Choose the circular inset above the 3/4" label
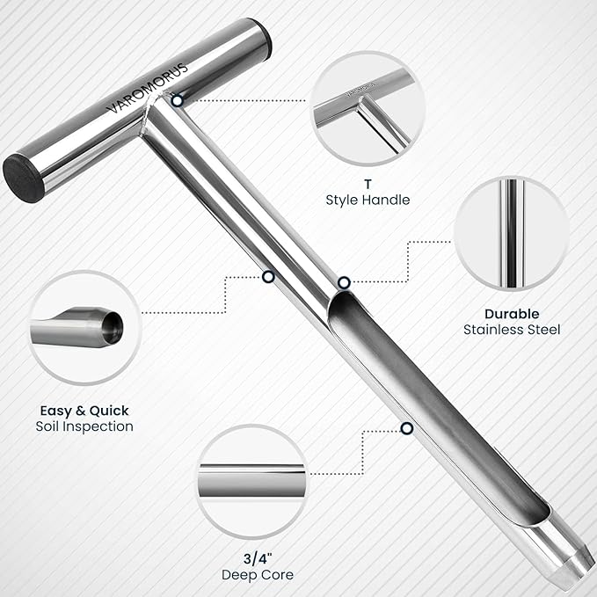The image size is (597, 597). pyautogui.click(x=251, y=481)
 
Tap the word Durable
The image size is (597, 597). pyautogui.click(x=512, y=313)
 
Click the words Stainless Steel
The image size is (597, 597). pyautogui.click(x=512, y=330)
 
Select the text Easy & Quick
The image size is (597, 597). pyautogui.click(x=84, y=410)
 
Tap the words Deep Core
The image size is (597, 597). pyautogui.click(x=251, y=574)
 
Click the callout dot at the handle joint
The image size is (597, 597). pyautogui.click(x=178, y=101)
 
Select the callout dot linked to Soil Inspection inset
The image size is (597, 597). pyautogui.click(x=268, y=277)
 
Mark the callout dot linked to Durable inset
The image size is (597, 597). pyautogui.click(x=344, y=282)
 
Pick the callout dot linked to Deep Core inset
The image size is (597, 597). pyautogui.click(x=406, y=428)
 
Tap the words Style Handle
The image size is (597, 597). pyautogui.click(x=367, y=200)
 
